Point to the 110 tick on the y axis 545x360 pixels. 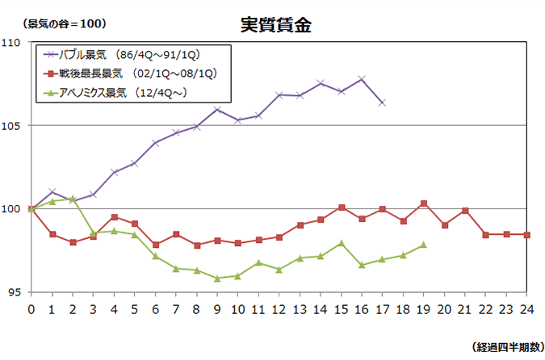[x=15, y=42]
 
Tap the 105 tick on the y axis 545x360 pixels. [x=15, y=125]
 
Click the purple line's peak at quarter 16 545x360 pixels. [x=362, y=79]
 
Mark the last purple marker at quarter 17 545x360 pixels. [x=382, y=103]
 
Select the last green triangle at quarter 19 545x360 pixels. [x=423, y=245]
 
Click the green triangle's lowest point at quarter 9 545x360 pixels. [x=217, y=278]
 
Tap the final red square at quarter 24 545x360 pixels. [x=526, y=234]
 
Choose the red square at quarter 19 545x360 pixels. [x=423, y=203]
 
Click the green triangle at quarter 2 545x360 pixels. [x=73, y=199]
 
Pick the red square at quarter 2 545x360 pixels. [x=73, y=242]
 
